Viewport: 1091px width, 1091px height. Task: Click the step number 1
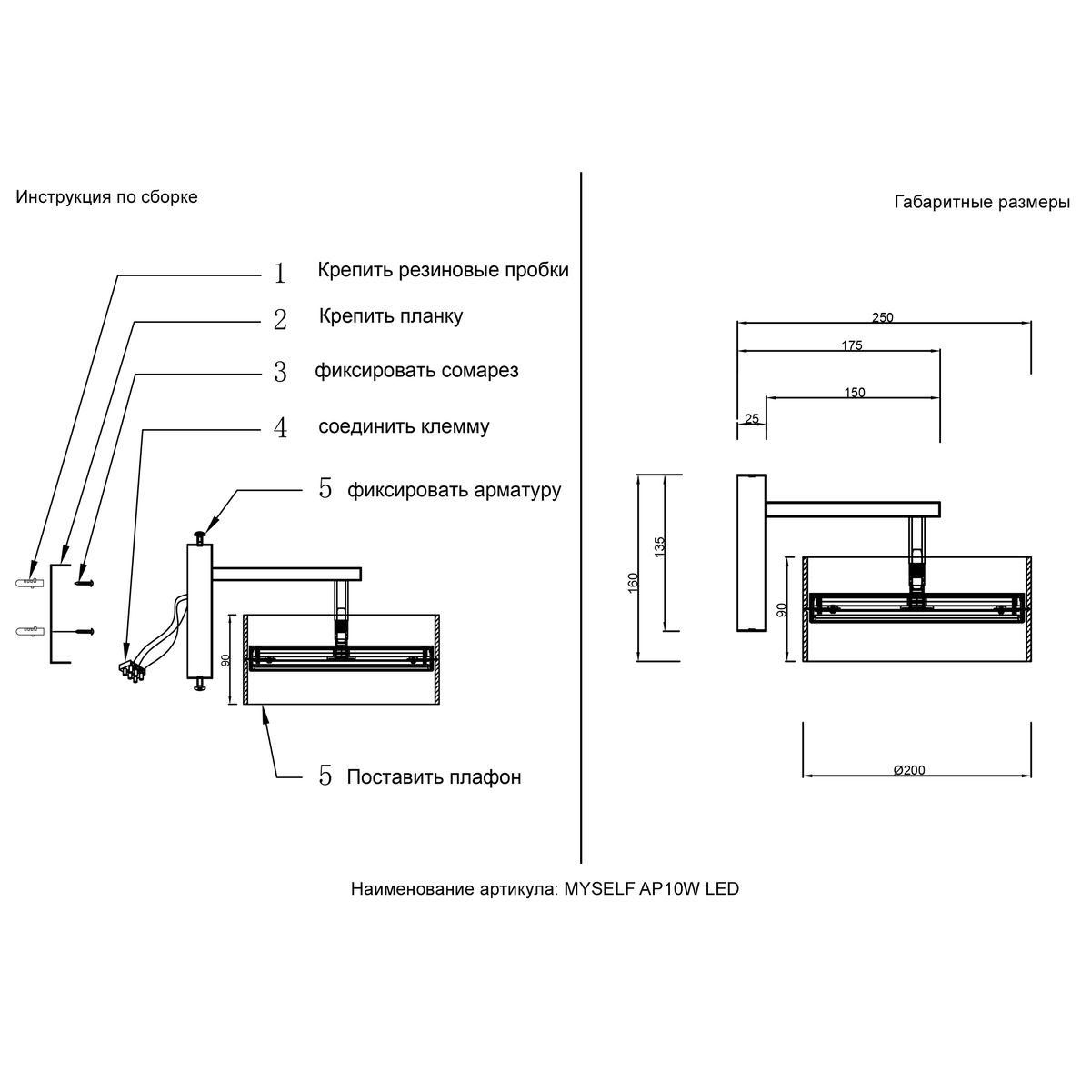280,273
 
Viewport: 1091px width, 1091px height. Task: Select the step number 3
280,373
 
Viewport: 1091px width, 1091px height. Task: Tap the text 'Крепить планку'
391,316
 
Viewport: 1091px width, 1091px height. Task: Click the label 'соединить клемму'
404,426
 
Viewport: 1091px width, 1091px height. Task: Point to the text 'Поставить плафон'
434,777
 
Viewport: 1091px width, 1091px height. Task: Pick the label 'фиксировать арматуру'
454,490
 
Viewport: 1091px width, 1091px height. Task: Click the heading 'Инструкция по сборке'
106,197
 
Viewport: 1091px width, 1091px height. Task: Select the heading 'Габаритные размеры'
982,203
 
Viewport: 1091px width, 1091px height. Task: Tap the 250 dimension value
883,318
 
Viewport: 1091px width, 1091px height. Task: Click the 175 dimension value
851,345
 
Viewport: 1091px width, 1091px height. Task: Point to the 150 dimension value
855,393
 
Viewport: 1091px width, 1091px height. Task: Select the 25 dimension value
752,419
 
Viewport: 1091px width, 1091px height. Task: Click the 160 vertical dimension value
634,581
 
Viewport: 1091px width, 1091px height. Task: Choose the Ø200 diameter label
909,770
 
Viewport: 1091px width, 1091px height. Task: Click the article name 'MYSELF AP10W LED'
652,889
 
